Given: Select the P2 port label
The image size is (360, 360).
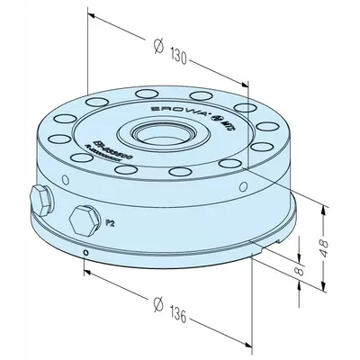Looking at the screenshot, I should (x=110, y=220).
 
